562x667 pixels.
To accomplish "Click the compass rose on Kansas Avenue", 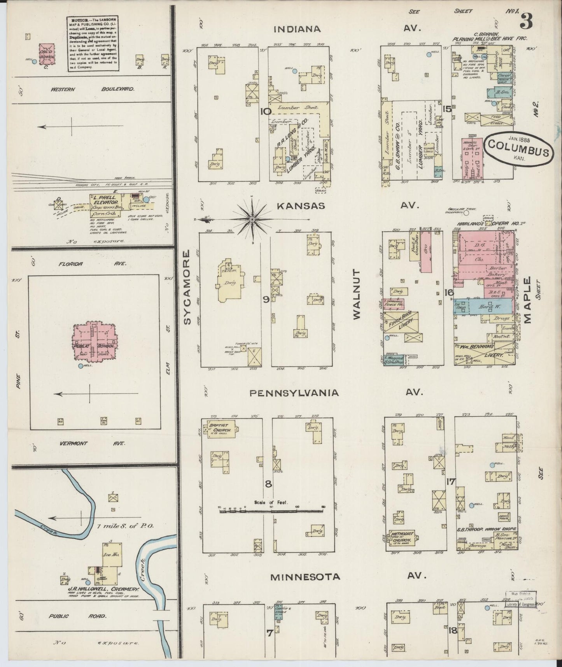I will point(252,220).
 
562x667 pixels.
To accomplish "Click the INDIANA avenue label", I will point(297,29).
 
